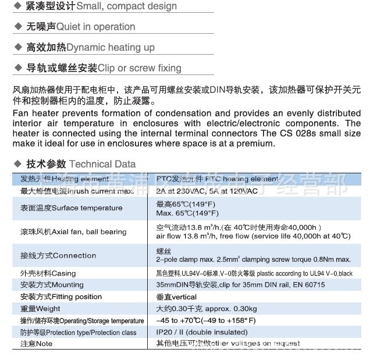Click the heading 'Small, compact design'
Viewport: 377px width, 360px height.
coord(126,6)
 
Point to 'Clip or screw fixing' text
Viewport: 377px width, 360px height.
coord(139,68)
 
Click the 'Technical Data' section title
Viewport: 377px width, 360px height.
coord(102,164)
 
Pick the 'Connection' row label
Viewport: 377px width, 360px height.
coord(74,255)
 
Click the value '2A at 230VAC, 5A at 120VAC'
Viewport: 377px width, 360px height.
coord(207,191)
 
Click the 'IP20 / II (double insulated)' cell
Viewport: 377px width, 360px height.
coord(201,333)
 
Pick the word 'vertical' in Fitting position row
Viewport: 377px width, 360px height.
coord(185,297)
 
